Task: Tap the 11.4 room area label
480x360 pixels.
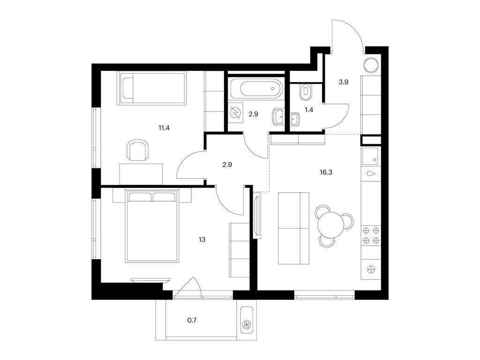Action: coord(164,126)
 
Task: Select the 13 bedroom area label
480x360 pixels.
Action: coord(202,239)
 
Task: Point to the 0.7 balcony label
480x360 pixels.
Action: coord(192,321)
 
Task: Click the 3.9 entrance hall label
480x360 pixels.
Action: coord(344,82)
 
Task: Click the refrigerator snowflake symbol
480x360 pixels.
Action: coord(371,270)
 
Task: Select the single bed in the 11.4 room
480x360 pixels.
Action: coord(153,88)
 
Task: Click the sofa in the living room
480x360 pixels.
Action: coord(293,228)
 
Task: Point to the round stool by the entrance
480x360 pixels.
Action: coord(372,65)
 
